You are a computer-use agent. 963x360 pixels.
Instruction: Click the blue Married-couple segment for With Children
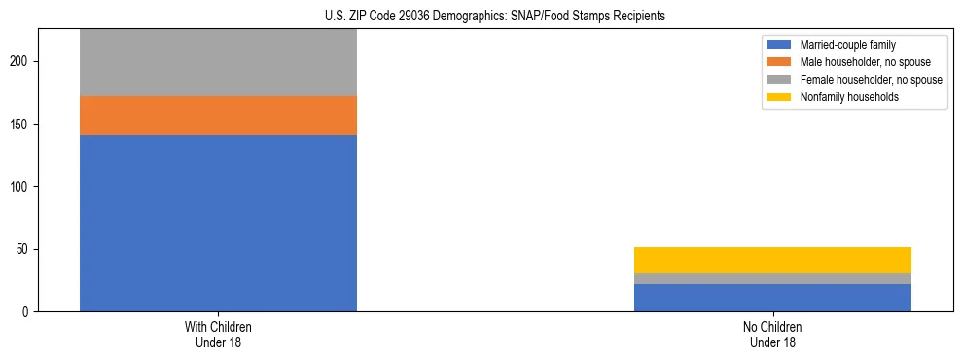pyautogui.click(x=218, y=223)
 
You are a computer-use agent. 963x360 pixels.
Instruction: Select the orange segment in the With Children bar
pyautogui.click(x=218, y=115)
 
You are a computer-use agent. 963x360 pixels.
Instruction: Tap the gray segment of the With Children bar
pyautogui.click(x=218, y=62)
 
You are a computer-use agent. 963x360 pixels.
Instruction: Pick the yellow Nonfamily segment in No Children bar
pyautogui.click(x=772, y=260)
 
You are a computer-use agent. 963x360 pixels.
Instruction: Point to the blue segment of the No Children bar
pyautogui.click(x=772, y=298)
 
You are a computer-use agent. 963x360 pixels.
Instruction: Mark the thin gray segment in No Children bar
pyautogui.click(x=772, y=279)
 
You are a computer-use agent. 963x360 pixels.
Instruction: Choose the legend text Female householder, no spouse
pyautogui.click(x=871, y=80)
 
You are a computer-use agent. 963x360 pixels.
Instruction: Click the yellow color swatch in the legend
pyautogui.click(x=779, y=97)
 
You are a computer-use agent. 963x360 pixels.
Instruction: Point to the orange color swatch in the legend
pyautogui.click(x=779, y=62)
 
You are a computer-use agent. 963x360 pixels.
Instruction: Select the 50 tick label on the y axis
pyautogui.click(x=24, y=250)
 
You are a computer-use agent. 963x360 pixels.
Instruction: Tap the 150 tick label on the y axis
pyautogui.click(x=21, y=125)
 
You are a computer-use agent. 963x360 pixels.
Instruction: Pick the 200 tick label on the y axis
pyautogui.click(x=21, y=62)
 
